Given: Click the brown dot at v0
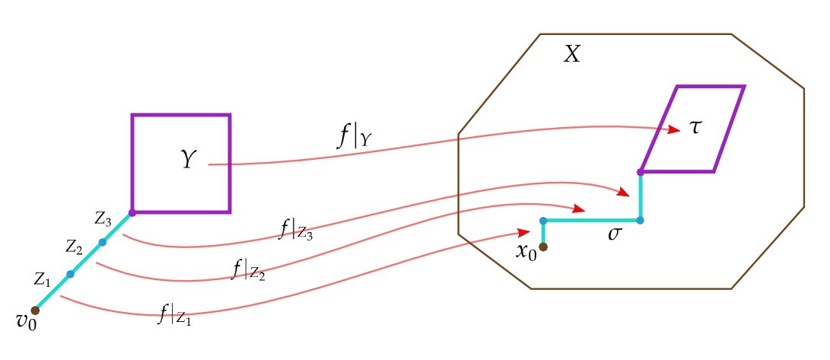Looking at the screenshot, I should (x=35, y=311).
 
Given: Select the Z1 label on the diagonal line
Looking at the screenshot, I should (x=43, y=279).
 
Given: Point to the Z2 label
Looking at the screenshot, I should (x=74, y=247).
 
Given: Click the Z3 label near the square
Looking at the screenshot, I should (x=103, y=219).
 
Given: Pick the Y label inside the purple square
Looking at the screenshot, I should (x=189, y=161).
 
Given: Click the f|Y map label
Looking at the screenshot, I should (x=354, y=136).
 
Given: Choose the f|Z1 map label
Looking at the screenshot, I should (x=175, y=314).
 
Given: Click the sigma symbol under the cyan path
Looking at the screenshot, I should (x=615, y=234).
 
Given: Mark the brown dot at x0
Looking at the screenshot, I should (x=543, y=246).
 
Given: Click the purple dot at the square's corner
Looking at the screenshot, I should (x=132, y=212).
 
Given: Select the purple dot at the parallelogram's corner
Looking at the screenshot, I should (x=641, y=172).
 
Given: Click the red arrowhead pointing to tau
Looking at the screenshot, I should (x=673, y=131).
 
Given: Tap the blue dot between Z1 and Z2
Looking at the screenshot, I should (x=70, y=274).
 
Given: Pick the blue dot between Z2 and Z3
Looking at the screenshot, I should (x=102, y=243).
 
